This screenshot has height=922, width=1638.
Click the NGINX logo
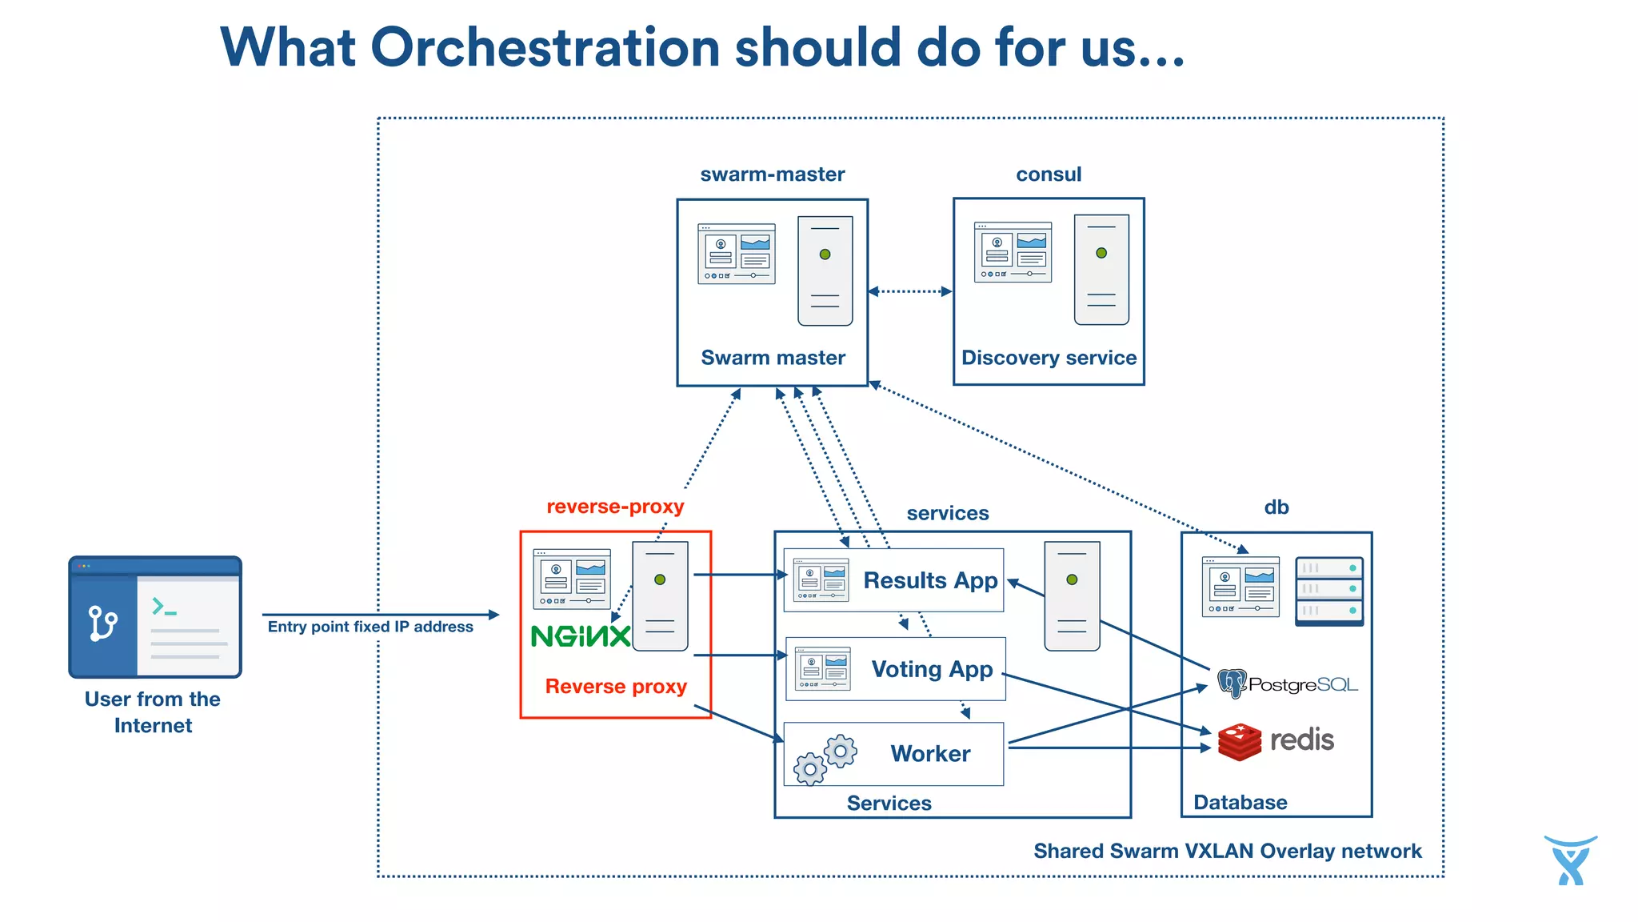(581, 637)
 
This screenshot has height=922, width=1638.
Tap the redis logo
(1276, 740)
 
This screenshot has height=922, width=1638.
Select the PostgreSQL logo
(1287, 684)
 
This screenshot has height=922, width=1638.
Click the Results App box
(893, 580)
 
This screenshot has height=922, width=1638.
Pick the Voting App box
(896, 669)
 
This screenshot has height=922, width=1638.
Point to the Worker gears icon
(825, 759)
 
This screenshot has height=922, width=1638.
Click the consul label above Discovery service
(1048, 174)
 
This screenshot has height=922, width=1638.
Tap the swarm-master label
(772, 174)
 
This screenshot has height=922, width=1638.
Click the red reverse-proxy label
(615, 507)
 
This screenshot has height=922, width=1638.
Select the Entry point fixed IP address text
(370, 627)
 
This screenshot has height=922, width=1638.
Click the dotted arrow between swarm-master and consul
(910, 291)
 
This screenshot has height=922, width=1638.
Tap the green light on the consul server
(1101, 253)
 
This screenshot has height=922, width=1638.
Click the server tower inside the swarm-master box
(825, 271)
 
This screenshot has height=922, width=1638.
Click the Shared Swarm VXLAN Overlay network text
(1227, 851)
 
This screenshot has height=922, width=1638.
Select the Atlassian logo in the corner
(1570, 860)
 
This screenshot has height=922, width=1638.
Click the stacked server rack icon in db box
(1328, 591)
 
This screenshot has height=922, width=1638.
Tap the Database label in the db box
(1240, 803)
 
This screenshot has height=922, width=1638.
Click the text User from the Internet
(153, 712)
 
